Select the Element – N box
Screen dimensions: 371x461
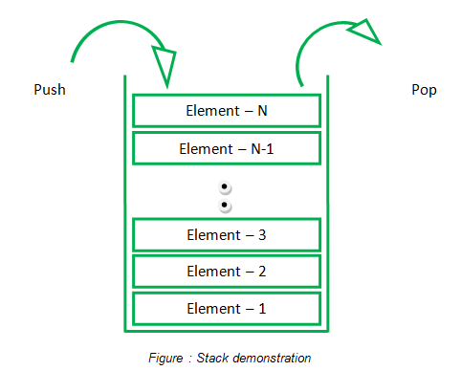tap(226, 111)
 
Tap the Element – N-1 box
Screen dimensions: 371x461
tap(226, 148)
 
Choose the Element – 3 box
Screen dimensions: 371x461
tap(226, 234)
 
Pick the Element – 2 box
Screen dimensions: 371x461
tap(226, 272)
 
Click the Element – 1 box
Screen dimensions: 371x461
tap(226, 308)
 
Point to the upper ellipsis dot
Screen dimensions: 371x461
tap(225, 187)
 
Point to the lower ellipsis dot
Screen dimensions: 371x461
tap(225, 205)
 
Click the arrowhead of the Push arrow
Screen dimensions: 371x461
tap(164, 66)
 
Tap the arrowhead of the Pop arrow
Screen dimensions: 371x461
tap(362, 32)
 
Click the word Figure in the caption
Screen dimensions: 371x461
tap(166, 359)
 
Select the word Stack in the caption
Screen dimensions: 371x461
tap(213, 359)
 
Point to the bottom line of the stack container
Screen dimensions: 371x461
tap(226, 333)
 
